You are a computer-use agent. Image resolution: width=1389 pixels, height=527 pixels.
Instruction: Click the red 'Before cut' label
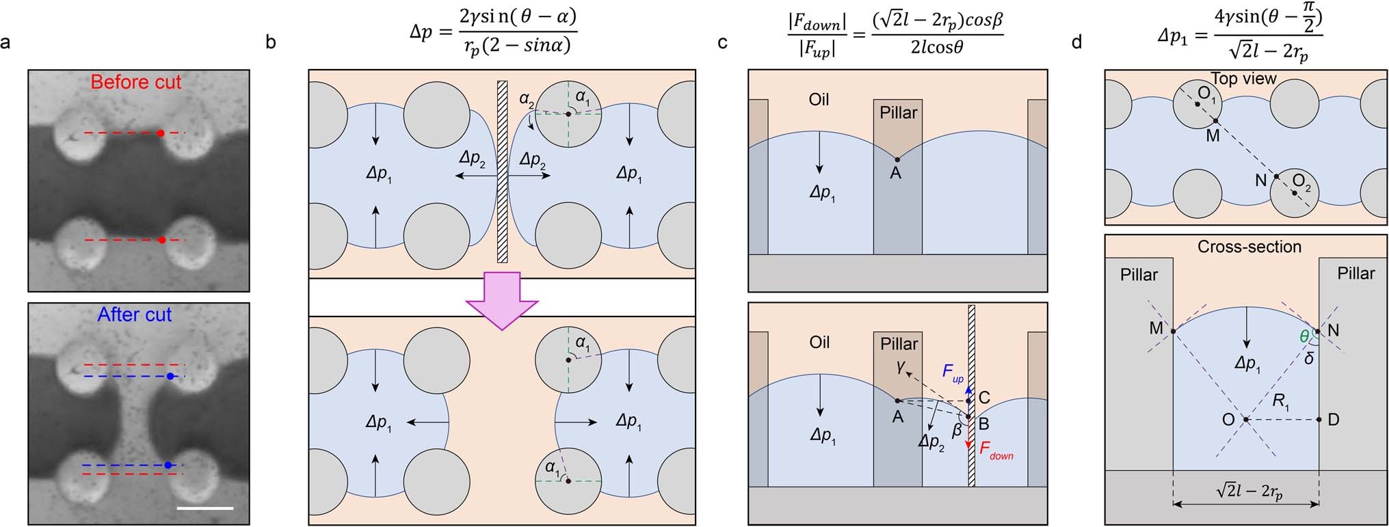tap(135, 82)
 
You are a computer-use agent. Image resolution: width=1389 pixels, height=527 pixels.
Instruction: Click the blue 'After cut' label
tap(135, 314)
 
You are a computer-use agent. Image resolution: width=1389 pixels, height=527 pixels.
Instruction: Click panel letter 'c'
tap(722, 43)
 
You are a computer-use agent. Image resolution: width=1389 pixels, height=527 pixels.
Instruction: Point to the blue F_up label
tap(953, 373)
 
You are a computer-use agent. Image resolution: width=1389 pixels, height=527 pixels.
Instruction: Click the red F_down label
tap(996, 450)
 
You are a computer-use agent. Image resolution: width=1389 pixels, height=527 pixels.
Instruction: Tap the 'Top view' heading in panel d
tap(1243, 79)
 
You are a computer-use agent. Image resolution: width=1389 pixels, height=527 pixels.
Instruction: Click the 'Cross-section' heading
tap(1249, 247)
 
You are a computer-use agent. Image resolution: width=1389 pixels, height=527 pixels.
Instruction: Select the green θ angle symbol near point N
tap(1304, 336)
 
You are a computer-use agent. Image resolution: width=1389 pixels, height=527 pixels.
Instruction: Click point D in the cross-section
tap(1333, 420)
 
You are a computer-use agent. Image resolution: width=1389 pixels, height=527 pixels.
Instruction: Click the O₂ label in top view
tap(1301, 183)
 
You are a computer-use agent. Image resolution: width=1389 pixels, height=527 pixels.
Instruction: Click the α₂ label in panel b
tap(526, 100)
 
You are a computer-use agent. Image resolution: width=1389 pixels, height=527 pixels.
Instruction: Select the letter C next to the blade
tap(984, 398)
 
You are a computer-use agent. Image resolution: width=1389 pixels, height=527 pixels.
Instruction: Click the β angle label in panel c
tap(957, 430)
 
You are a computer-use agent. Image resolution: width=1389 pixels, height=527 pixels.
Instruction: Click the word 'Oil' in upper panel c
tap(819, 100)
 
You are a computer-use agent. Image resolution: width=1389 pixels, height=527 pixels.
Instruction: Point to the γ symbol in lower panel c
tap(901, 368)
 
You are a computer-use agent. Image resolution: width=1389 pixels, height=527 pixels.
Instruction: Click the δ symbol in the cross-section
tap(1308, 357)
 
